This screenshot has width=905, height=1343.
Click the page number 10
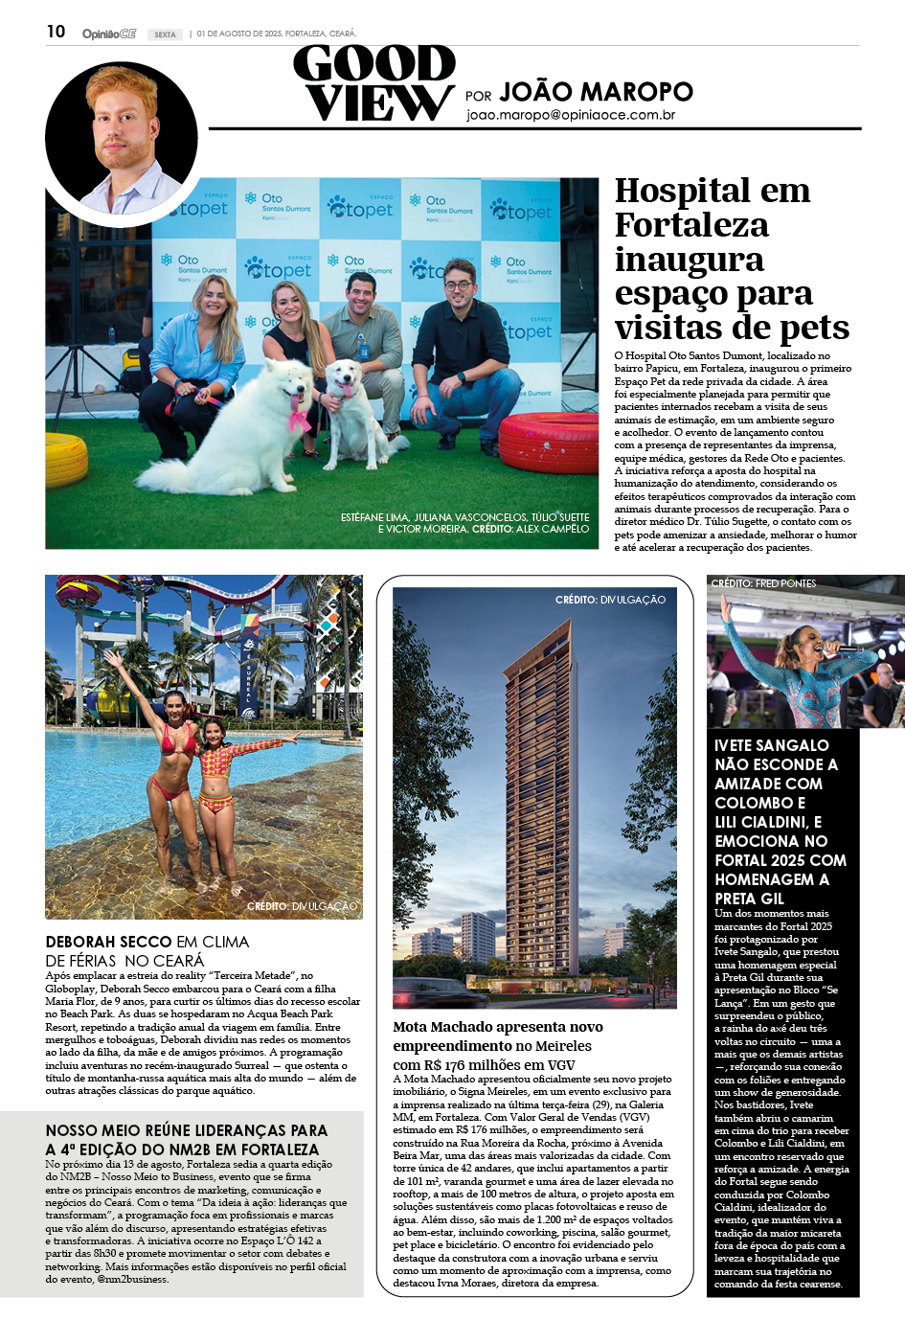pos(56,32)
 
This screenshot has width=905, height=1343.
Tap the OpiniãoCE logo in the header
pos(108,34)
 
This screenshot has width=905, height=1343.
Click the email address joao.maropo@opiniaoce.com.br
pos(571,115)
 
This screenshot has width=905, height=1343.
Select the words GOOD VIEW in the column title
pos(375,84)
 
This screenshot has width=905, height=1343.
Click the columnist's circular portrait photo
pos(122,137)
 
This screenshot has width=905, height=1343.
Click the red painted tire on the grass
pos(548,441)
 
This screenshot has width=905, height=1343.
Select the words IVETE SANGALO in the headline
pos(771,745)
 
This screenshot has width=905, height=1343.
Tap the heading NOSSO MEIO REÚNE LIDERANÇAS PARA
pos(186,1130)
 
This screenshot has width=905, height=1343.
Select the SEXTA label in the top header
pos(166,34)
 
